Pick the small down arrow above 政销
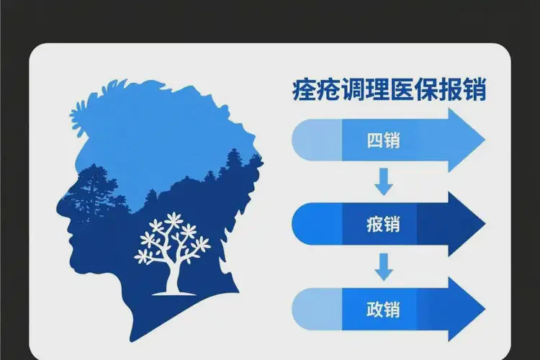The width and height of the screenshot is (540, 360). (384, 267)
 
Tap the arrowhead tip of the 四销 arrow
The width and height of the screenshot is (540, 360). (485, 140)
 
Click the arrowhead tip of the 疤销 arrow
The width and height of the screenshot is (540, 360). (485, 225)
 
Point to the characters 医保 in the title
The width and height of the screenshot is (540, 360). (415, 91)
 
